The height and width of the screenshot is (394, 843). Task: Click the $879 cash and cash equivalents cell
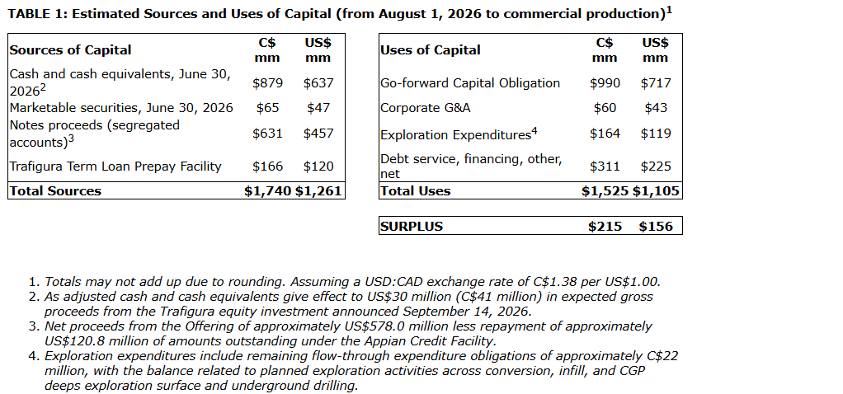point(268,82)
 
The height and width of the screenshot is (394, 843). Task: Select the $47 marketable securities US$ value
point(318,108)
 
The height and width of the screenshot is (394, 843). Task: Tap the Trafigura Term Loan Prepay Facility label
point(115,167)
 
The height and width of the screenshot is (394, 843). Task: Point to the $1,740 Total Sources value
point(268,191)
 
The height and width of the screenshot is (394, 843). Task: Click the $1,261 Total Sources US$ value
point(318,191)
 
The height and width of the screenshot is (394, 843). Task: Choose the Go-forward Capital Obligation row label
point(470,83)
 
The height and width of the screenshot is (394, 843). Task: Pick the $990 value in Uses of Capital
point(605,82)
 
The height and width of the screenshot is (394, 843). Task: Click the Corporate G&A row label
point(426,108)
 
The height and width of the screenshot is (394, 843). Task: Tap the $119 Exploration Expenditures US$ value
point(656,134)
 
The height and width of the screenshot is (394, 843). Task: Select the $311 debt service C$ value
point(605,167)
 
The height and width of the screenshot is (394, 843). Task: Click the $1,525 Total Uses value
point(605,191)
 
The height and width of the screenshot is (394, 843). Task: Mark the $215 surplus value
point(605,227)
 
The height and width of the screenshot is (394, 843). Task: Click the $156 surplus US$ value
point(656,227)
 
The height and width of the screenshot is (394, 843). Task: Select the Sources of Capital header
point(70,50)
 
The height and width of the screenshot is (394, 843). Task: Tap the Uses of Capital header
point(430,50)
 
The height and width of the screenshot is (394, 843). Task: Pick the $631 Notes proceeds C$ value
point(268,134)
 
